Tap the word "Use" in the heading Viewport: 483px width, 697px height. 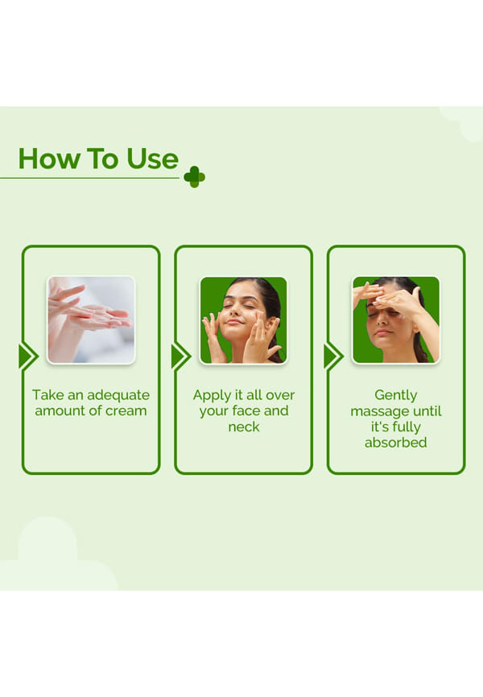coord(152,159)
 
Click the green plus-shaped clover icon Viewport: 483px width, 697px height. coord(194,177)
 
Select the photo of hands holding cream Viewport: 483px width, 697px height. coord(91,320)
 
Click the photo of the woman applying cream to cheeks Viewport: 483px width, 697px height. coord(244,320)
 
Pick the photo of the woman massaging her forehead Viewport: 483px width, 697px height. coord(396,320)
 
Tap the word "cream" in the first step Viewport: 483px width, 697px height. coord(126,410)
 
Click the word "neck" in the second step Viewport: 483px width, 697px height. coord(244,427)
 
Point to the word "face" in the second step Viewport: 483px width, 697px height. coord(246,410)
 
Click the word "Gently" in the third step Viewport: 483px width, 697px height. coord(396,395)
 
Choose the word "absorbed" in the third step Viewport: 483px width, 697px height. coord(396,443)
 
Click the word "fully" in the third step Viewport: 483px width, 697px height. coord(406,427)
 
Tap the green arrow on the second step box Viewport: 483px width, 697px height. coord(180,357)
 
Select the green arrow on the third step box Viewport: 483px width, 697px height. coord(333,357)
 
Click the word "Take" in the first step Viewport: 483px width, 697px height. coord(48,394)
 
